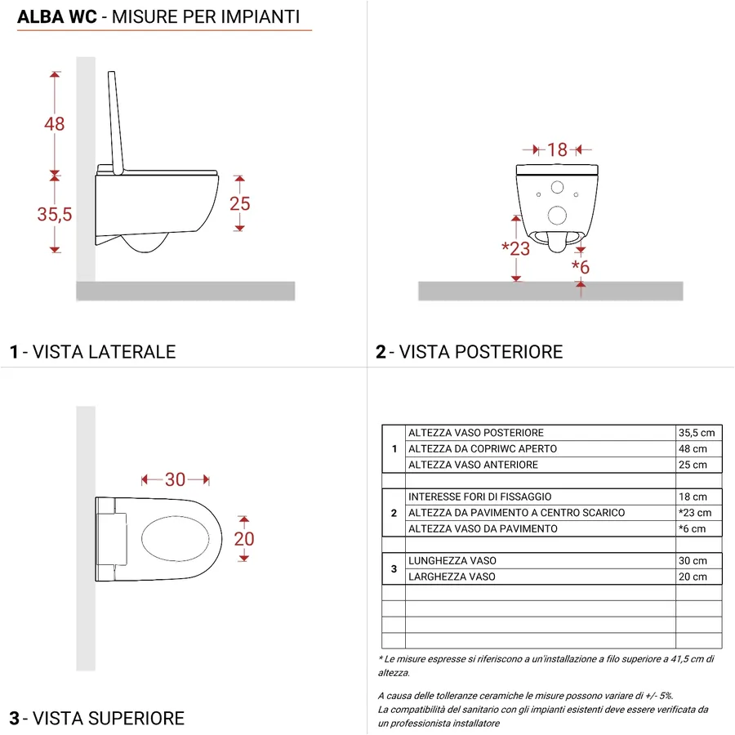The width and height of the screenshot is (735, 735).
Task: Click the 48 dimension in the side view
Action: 55,124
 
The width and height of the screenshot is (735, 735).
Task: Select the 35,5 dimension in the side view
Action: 55,215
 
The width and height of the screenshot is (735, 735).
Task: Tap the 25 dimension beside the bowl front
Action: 239,203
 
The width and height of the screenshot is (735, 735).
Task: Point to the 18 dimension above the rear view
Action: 557,150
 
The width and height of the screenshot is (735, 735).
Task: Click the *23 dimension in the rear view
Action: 516,249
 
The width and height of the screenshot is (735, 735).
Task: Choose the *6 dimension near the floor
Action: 581,267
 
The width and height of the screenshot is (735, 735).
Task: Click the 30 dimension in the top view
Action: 175,479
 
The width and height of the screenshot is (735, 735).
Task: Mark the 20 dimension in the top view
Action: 243,538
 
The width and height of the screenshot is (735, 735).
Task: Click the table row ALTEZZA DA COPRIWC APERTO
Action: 482,449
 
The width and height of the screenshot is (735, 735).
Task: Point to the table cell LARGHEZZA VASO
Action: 452,577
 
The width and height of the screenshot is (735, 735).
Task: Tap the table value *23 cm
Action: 695,513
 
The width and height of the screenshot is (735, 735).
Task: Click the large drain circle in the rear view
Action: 558,216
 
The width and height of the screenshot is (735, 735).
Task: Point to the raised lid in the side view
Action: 117,122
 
